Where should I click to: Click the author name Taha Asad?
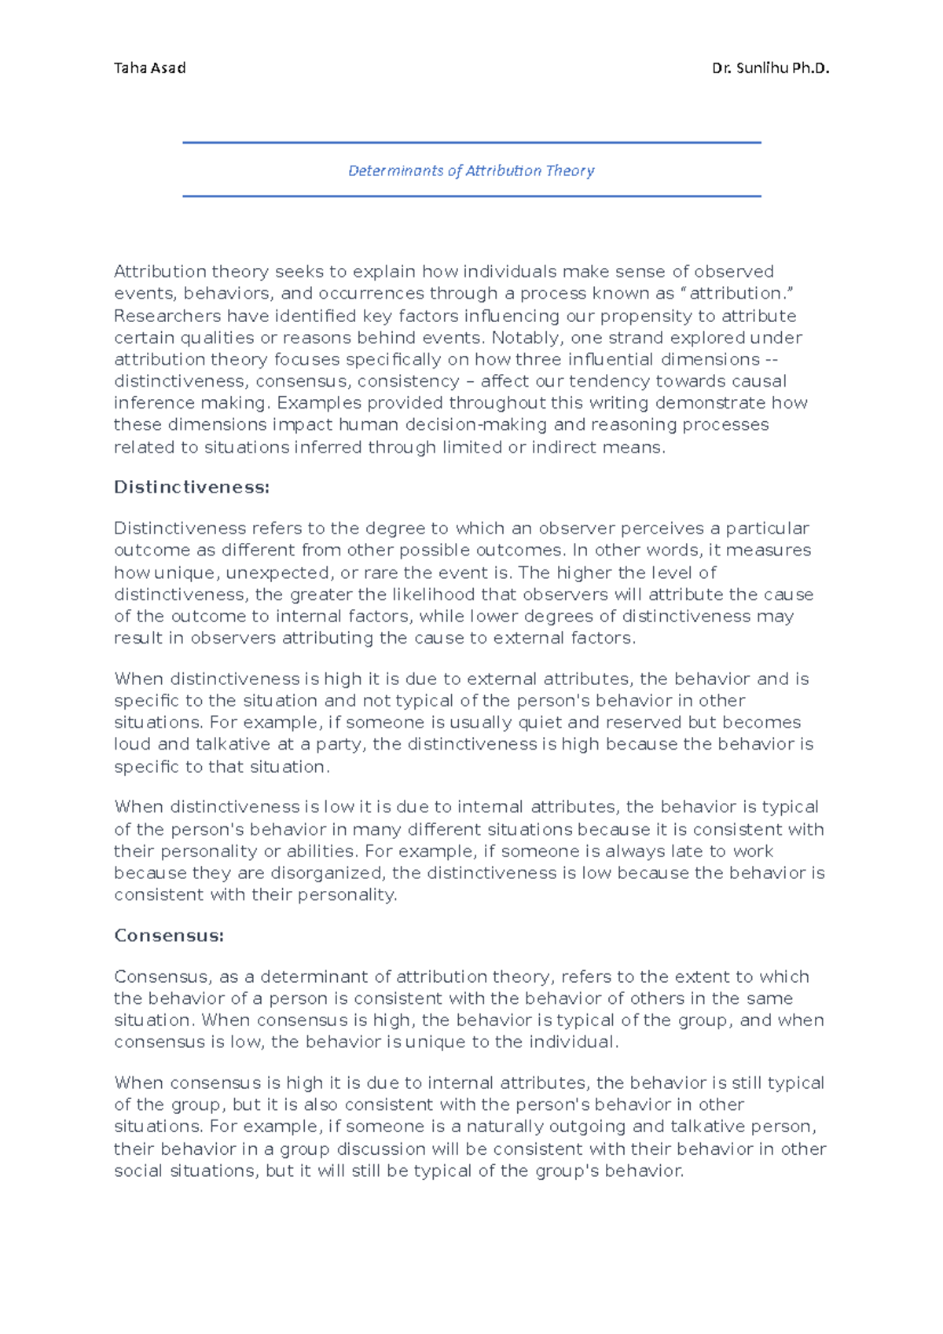[x=149, y=68]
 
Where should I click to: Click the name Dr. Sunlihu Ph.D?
[x=770, y=68]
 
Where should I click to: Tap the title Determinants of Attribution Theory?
[x=471, y=170]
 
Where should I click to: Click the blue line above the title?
[x=472, y=143]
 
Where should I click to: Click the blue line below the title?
[x=472, y=196]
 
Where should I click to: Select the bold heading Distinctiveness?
[x=192, y=487]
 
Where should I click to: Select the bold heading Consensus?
[x=169, y=936]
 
